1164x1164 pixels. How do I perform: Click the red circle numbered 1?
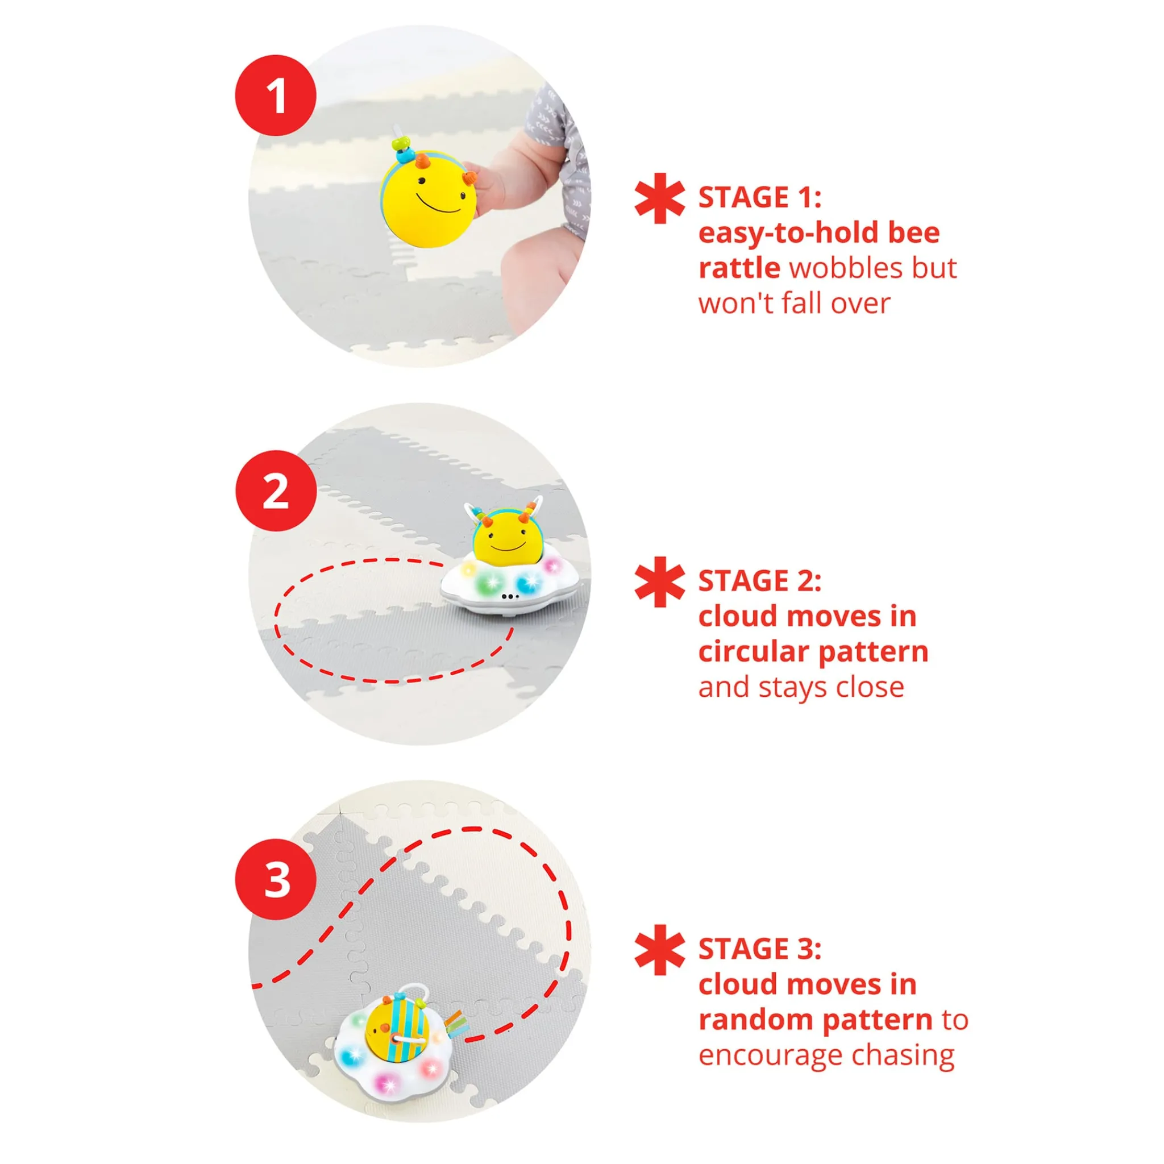(x=275, y=95)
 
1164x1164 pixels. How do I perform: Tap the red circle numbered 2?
(x=275, y=491)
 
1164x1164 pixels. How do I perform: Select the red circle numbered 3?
(x=275, y=879)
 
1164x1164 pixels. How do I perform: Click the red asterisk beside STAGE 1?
(x=660, y=198)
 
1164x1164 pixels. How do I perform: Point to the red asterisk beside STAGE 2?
(x=660, y=581)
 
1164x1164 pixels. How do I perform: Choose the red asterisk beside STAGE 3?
(x=660, y=950)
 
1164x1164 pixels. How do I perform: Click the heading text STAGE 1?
(x=760, y=198)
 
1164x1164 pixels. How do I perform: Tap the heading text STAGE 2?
(x=760, y=581)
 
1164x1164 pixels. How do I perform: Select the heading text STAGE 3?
(x=760, y=949)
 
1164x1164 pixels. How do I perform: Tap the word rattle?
(x=739, y=268)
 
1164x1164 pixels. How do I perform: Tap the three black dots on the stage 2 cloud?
(x=510, y=596)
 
